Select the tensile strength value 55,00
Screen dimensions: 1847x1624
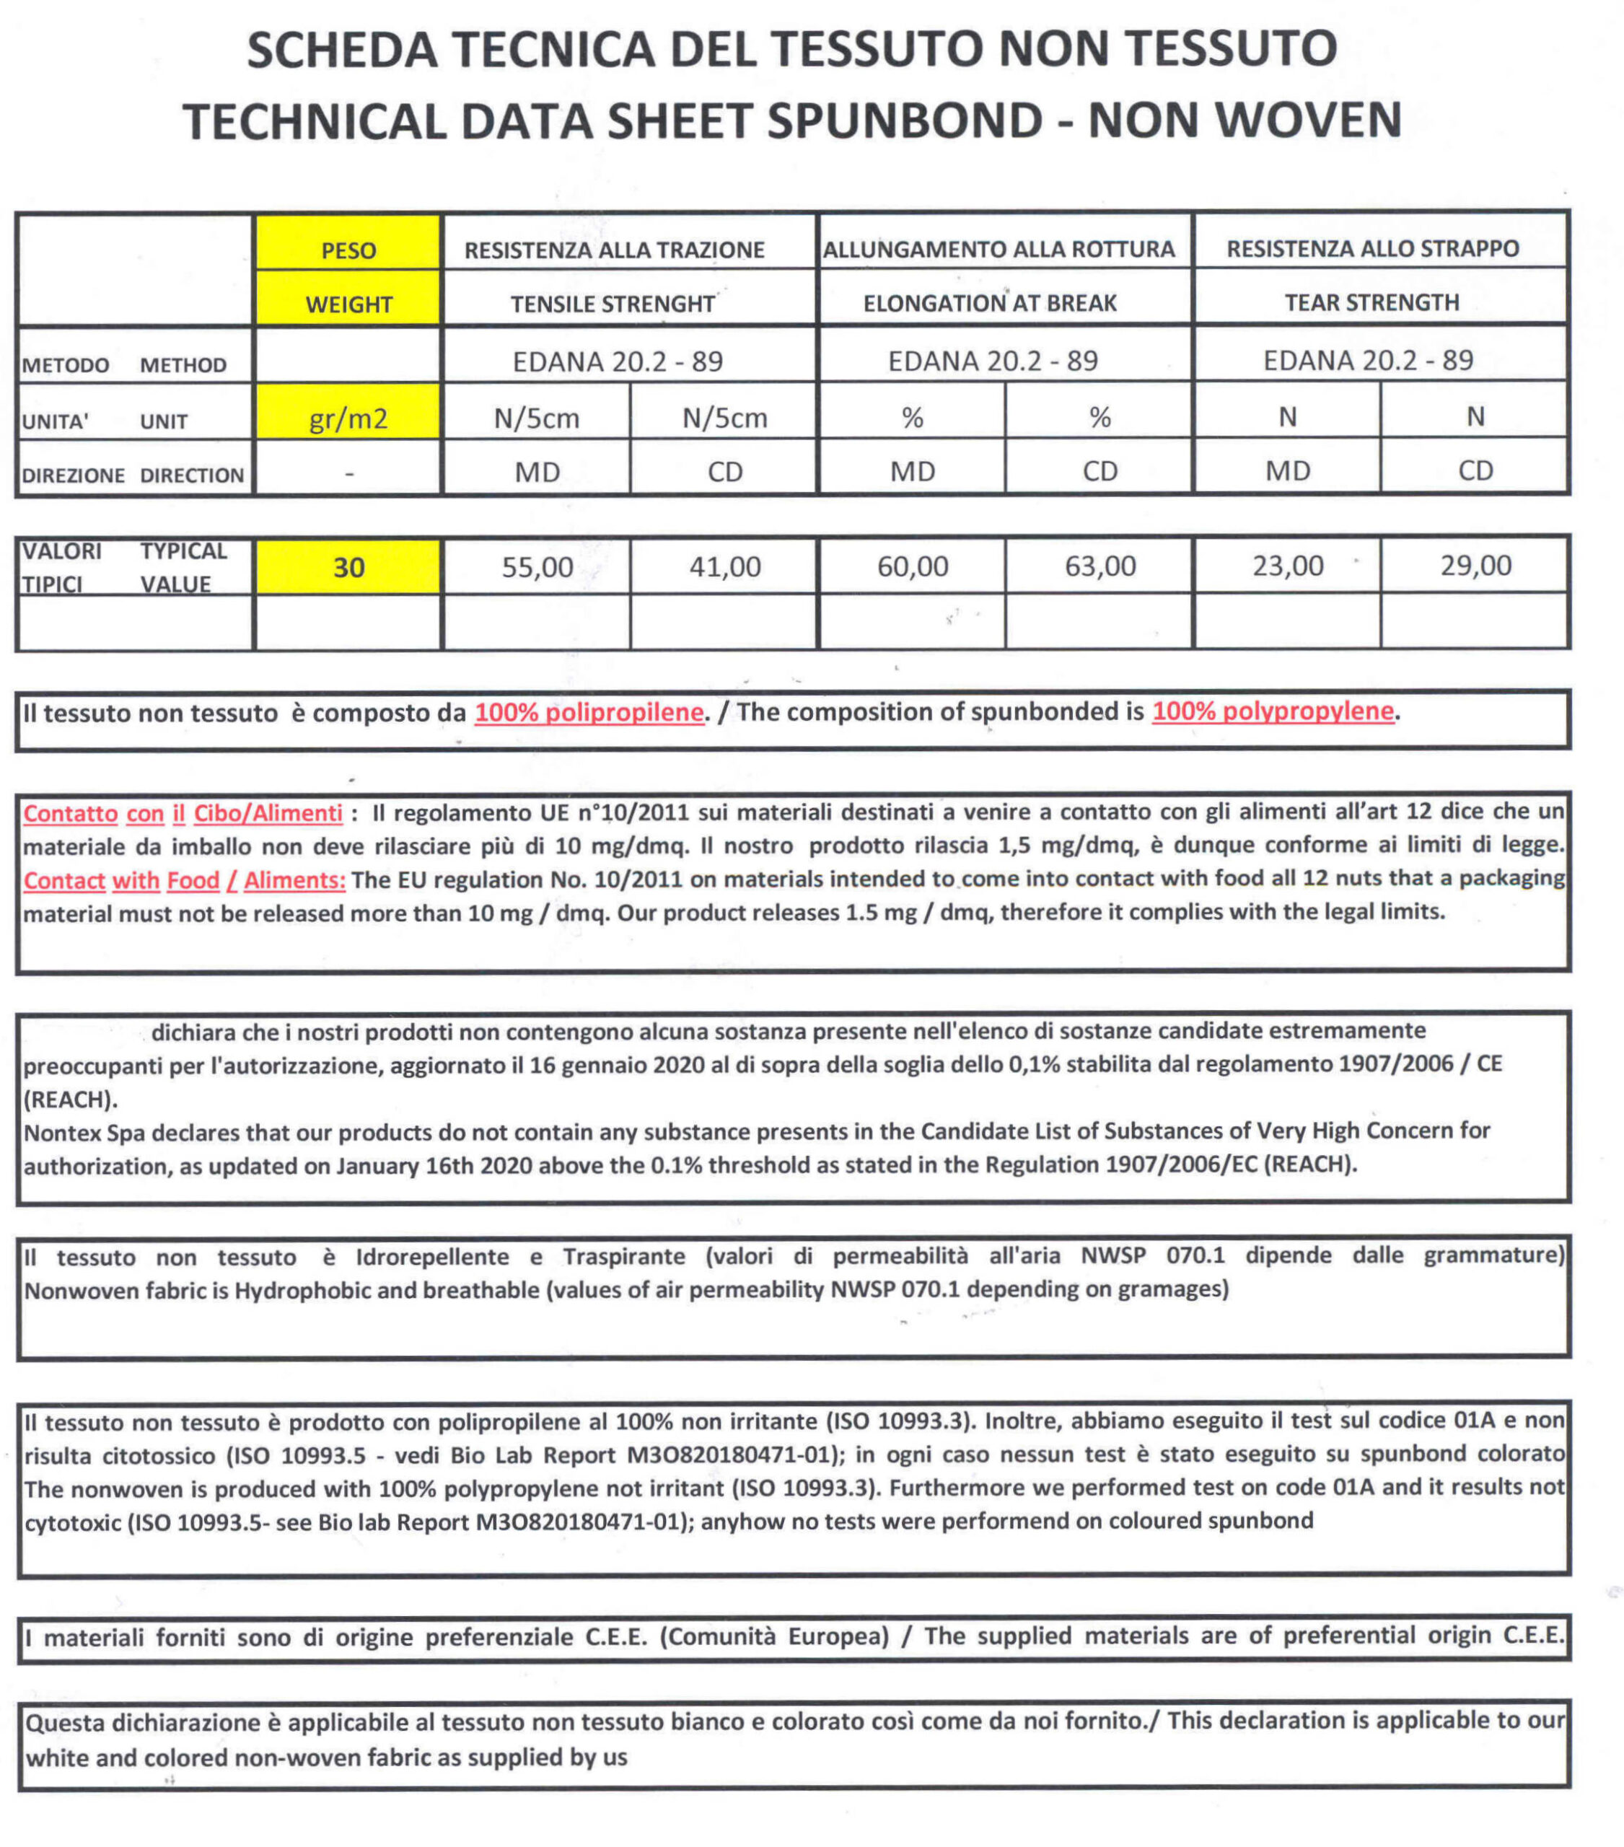[537, 568]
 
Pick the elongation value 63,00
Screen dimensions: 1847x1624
[1100, 566]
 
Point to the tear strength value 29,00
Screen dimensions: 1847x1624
[1475, 566]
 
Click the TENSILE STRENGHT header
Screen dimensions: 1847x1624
[613, 304]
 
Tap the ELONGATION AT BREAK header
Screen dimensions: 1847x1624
[990, 304]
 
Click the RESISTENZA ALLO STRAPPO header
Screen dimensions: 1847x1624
[1372, 248]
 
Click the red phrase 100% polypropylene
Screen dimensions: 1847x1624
[1273, 711]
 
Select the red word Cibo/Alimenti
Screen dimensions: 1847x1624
[268, 813]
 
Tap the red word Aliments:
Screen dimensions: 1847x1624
[294, 880]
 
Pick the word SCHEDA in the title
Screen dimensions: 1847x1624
[341, 50]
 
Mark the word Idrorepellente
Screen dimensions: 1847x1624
[432, 1257]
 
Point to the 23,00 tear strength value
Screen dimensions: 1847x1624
[1287, 566]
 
